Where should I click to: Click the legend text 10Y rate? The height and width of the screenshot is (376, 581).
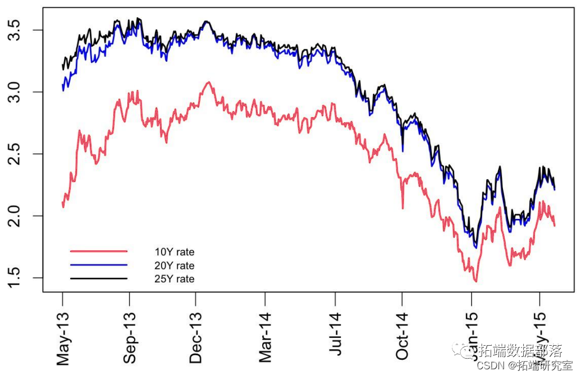[x=174, y=252]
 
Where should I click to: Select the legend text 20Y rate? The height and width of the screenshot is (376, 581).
[x=174, y=265]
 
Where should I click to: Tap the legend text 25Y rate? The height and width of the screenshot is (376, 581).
[x=174, y=278]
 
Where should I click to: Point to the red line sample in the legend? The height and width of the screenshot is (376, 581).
[x=99, y=251]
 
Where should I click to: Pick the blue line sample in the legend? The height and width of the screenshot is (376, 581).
[x=99, y=264]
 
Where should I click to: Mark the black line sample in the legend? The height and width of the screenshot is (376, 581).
[x=99, y=278]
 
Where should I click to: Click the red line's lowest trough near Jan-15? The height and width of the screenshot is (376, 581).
[x=475, y=281]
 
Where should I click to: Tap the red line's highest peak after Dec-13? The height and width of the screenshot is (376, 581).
[x=208, y=82]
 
